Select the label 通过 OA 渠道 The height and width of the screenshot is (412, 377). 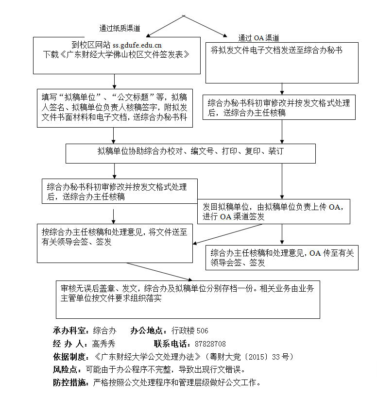pyautogui.click(x=258, y=37)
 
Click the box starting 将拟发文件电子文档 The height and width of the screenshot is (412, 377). pyautogui.click(x=282, y=63)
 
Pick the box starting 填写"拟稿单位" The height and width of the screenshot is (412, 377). pyautogui.click(x=115, y=107)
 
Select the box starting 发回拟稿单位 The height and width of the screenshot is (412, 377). pyautogui.click(x=274, y=212)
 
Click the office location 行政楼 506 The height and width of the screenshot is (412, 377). pyautogui.click(x=189, y=331)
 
